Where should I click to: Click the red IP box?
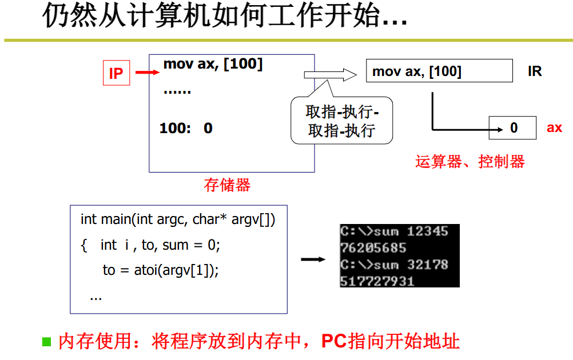(116, 73)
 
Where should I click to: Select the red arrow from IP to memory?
(147, 73)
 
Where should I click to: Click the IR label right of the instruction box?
(535, 72)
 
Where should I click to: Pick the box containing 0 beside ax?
(512, 128)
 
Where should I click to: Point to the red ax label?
(554, 128)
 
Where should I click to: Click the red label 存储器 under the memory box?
(227, 185)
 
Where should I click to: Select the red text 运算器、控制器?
(469, 162)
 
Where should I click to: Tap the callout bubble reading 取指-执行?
(342, 121)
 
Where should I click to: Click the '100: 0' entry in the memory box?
(186, 129)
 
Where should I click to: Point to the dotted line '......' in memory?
(177, 91)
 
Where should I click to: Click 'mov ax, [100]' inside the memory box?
(213, 64)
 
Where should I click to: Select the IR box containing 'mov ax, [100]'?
(439, 71)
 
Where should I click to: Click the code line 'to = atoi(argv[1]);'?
(161, 270)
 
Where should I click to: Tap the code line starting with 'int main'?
(178, 219)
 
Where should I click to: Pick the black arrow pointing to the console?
(313, 259)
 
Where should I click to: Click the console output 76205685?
(373, 248)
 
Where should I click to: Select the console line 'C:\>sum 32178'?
(394, 265)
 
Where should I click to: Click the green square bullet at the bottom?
(47, 342)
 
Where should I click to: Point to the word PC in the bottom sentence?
(333, 342)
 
